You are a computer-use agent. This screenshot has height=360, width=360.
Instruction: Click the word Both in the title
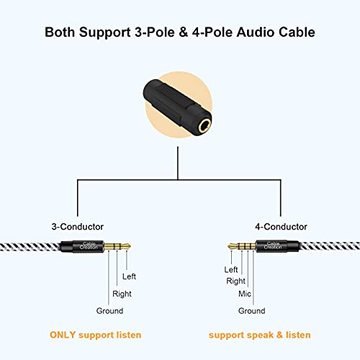point(63,32)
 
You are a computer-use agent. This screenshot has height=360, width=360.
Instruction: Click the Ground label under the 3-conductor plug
point(109,311)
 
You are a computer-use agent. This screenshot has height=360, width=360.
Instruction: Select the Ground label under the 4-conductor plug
point(252,311)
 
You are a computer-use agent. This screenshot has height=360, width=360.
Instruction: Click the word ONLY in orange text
point(65,336)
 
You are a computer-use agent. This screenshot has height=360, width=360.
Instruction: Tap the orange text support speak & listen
point(260,336)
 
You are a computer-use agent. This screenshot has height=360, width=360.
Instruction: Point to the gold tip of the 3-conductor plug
point(126,246)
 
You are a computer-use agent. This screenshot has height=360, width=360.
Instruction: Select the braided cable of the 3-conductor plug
point(29,246)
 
